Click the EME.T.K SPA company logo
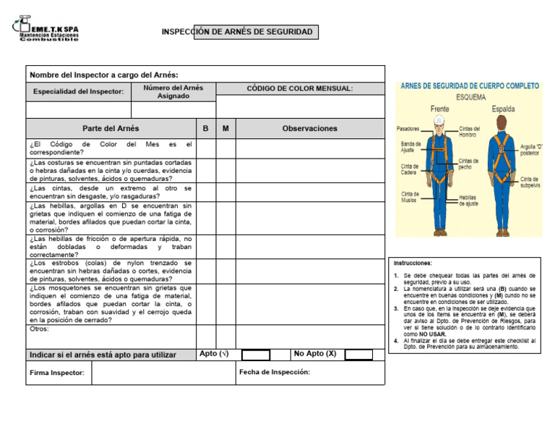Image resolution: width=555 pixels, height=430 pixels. [45, 29]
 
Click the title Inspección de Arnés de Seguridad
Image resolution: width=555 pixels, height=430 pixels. [237, 32]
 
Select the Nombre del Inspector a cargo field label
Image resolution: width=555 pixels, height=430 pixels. [103, 75]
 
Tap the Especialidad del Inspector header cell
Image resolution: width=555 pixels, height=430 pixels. [78, 92]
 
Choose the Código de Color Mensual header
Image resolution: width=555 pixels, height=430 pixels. [300, 88]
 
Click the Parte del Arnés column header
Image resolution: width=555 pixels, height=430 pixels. [111, 128]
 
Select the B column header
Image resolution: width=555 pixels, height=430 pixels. [206, 128]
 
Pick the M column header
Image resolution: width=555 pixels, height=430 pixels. [225, 128]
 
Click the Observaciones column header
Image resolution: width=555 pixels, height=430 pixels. [309, 128]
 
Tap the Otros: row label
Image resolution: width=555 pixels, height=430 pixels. [39, 329]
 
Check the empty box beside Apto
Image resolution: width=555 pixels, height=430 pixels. [255, 355]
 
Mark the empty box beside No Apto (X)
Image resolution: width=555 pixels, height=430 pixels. [358, 355]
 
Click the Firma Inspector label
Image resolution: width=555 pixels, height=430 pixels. [56, 373]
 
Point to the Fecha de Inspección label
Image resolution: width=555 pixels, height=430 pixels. [274, 372]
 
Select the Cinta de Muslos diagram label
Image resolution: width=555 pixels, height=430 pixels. [410, 198]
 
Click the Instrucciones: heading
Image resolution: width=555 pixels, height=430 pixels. [413, 263]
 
